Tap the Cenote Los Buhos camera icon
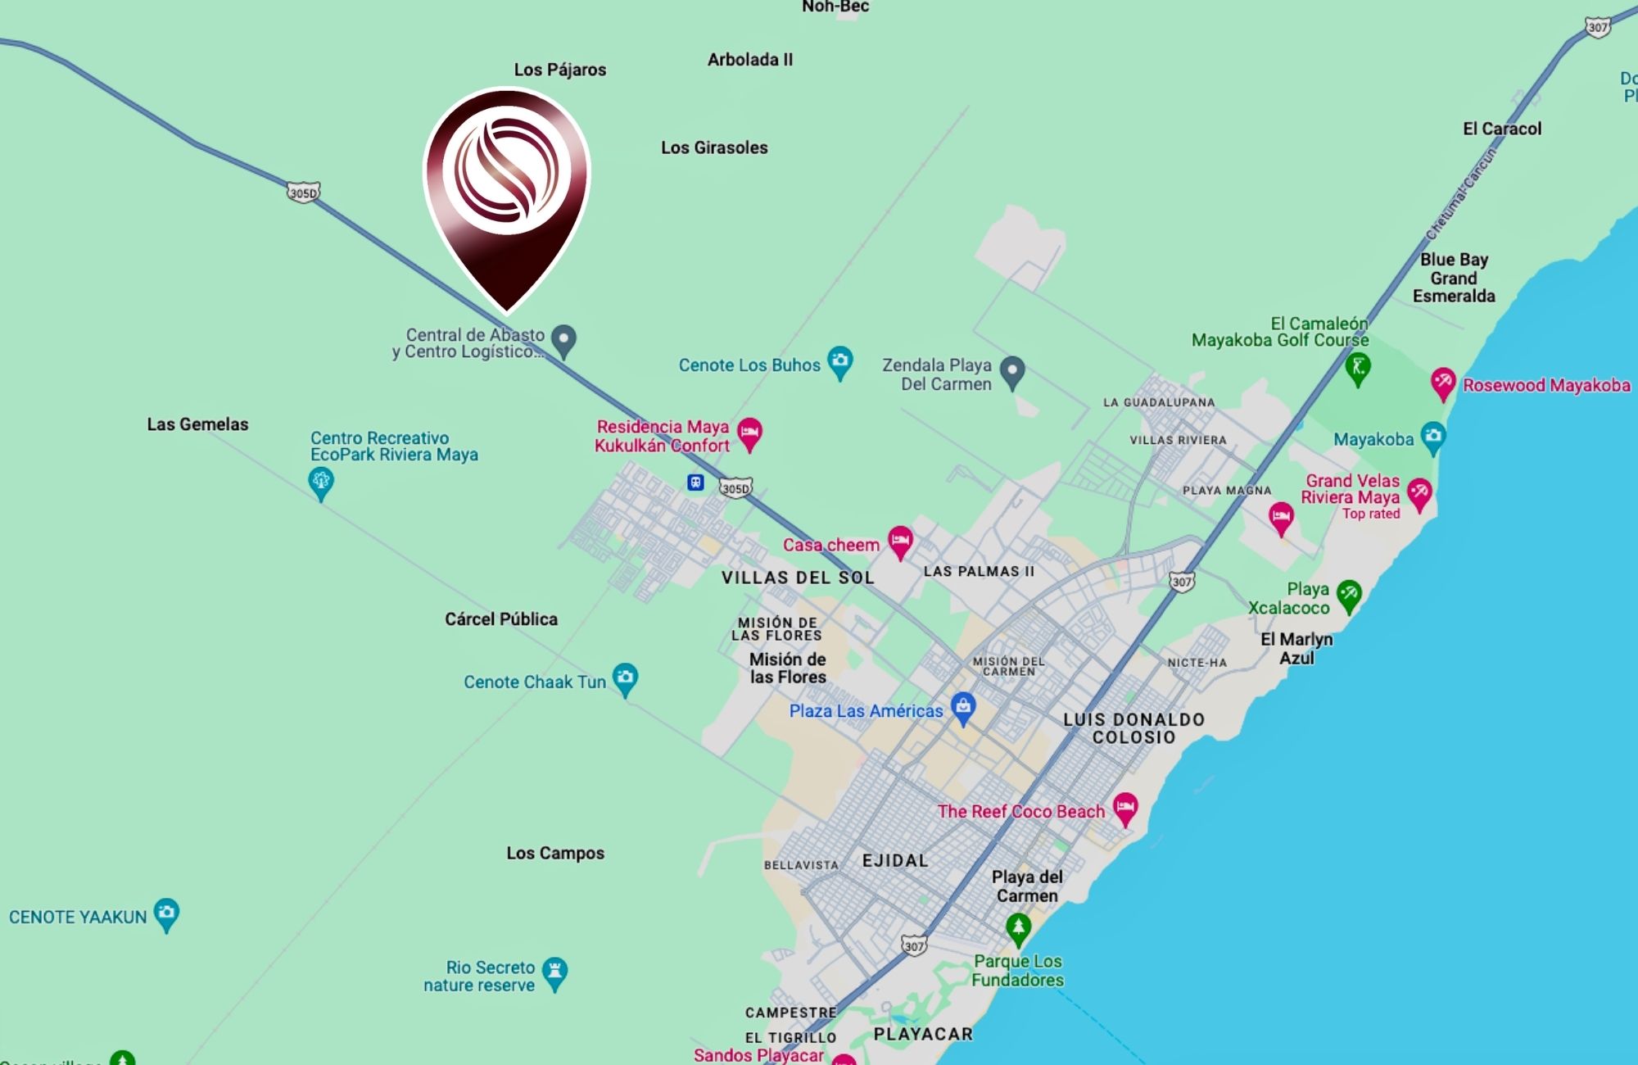click(x=839, y=361)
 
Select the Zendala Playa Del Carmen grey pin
click(x=1013, y=371)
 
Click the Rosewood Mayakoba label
click(x=1546, y=385)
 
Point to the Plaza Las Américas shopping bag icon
click(x=963, y=707)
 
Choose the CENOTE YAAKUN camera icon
click(x=166, y=913)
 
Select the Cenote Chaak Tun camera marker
click(x=626, y=678)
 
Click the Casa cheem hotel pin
click(x=900, y=541)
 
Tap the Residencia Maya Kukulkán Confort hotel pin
click(x=749, y=433)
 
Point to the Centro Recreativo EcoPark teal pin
click(x=321, y=481)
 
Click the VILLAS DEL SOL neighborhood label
click(x=798, y=578)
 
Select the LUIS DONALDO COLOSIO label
click(x=1133, y=728)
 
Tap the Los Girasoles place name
click(x=714, y=147)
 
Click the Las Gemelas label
click(x=197, y=424)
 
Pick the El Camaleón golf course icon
click(x=1358, y=368)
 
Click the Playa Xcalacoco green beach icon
click(x=1348, y=596)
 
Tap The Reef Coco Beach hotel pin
click(x=1125, y=808)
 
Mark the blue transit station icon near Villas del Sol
click(x=695, y=483)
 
